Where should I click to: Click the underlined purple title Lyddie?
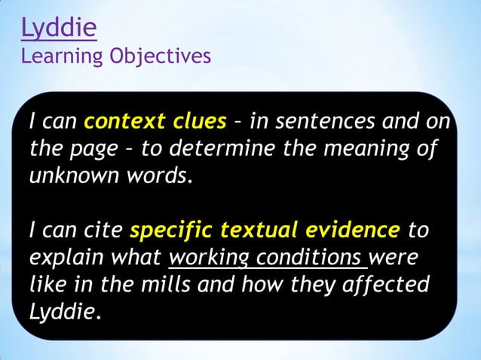59,29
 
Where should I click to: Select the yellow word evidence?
351,229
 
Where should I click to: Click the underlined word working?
209,258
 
